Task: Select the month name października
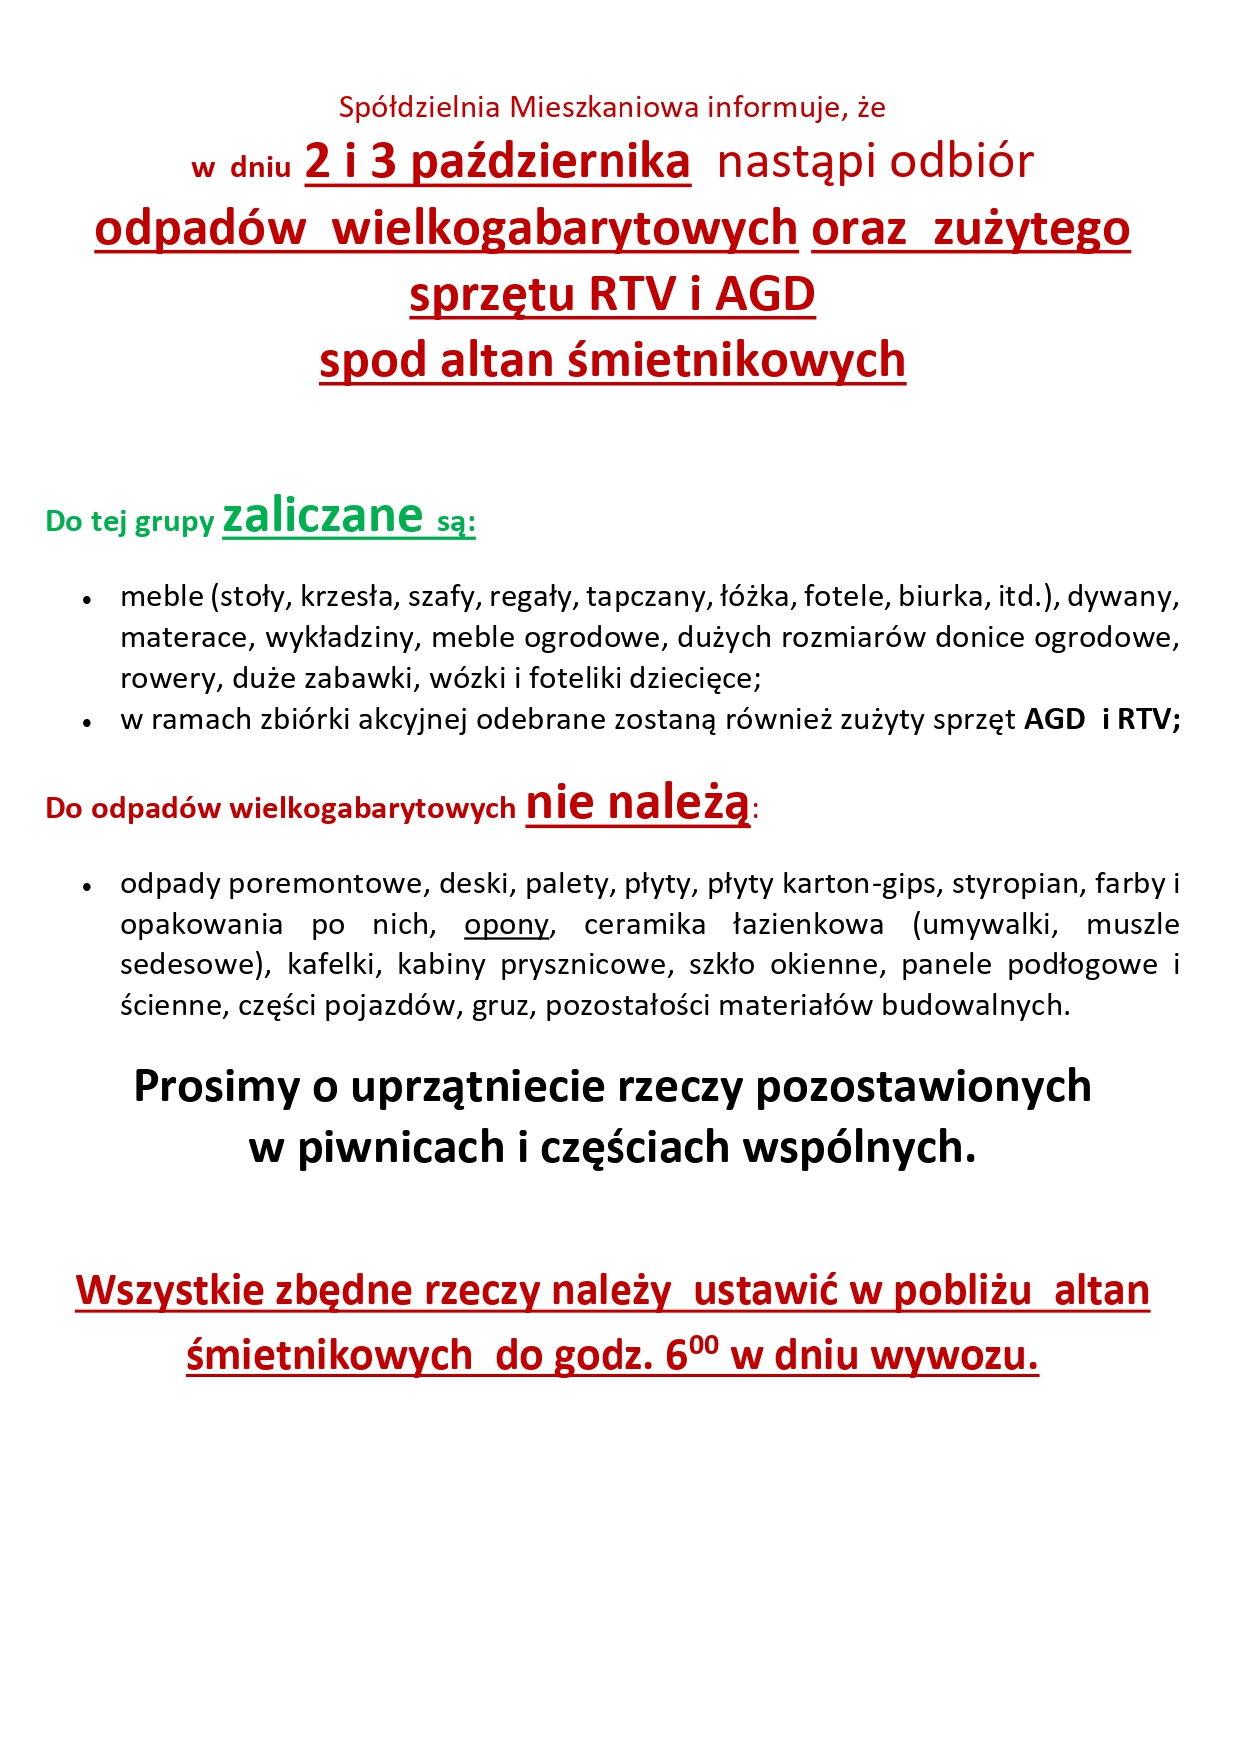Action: [551, 162]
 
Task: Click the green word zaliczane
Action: [323, 517]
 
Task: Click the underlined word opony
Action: [506, 925]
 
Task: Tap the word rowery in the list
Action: [171, 679]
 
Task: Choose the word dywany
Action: [1123, 597]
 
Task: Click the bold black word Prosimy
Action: [217, 1087]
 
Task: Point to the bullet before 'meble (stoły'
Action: [88, 600]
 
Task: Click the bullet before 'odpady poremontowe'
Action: [88, 887]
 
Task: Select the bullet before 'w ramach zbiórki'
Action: [88, 722]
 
